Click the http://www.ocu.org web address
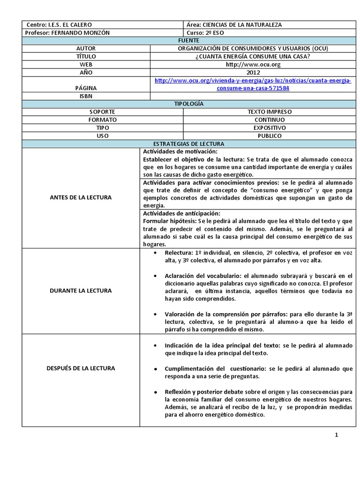[x=253, y=64]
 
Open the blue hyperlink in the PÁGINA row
[x=253, y=84]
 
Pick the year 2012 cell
[x=253, y=73]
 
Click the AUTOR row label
[x=86, y=49]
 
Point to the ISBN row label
[x=86, y=96]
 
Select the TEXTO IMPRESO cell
[x=269, y=112]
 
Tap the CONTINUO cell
[x=269, y=120]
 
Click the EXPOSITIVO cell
[x=269, y=127]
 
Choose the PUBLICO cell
[x=269, y=135]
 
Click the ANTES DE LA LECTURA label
[x=81, y=197]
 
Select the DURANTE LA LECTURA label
[x=81, y=291]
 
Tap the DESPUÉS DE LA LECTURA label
[x=81, y=368]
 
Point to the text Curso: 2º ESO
[x=205, y=32]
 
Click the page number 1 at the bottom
[x=336, y=435]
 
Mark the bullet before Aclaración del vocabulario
[x=155, y=276]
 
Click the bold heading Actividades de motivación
[x=180, y=151]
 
